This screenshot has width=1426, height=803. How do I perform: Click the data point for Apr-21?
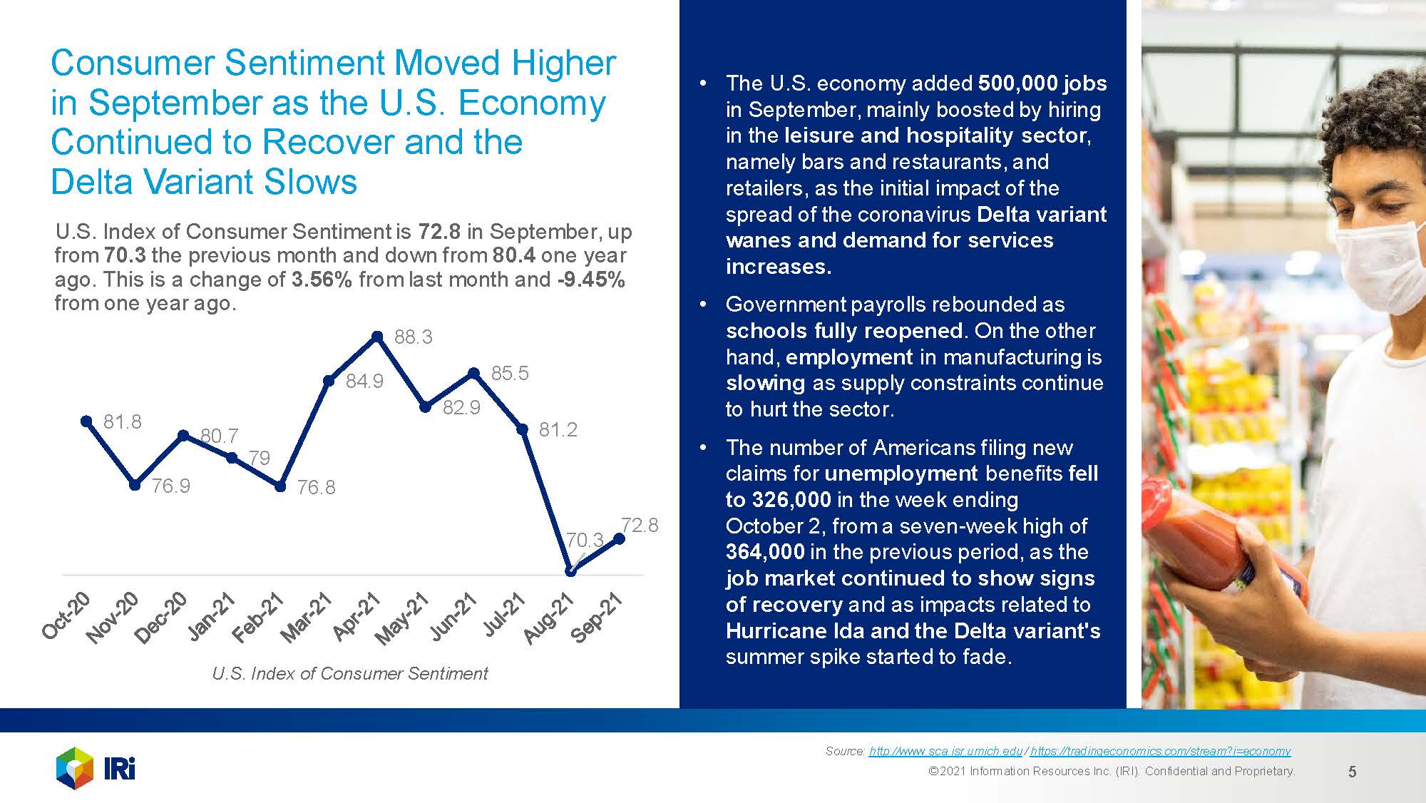[377, 336]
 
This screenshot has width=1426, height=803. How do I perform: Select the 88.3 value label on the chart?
[414, 337]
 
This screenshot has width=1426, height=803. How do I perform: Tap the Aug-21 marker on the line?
[570, 571]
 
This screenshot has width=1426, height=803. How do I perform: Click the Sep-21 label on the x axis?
[597, 618]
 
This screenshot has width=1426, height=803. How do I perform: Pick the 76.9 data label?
[171, 486]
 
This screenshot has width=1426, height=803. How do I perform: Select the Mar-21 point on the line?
[329, 381]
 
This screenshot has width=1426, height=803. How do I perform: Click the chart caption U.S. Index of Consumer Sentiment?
[349, 673]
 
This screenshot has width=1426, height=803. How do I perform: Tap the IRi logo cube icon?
[75, 768]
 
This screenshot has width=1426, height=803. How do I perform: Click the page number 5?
[1352, 772]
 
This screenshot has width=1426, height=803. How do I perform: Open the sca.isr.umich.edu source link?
[945, 751]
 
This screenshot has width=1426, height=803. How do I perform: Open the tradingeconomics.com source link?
[1160, 751]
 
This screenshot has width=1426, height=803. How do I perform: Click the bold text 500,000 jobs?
[1042, 83]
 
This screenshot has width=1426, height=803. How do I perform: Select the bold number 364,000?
[765, 552]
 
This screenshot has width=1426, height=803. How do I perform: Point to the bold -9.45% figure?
[591, 280]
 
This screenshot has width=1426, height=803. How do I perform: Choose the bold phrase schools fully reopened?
[844, 331]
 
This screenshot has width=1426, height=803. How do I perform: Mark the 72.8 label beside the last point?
[640, 526]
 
